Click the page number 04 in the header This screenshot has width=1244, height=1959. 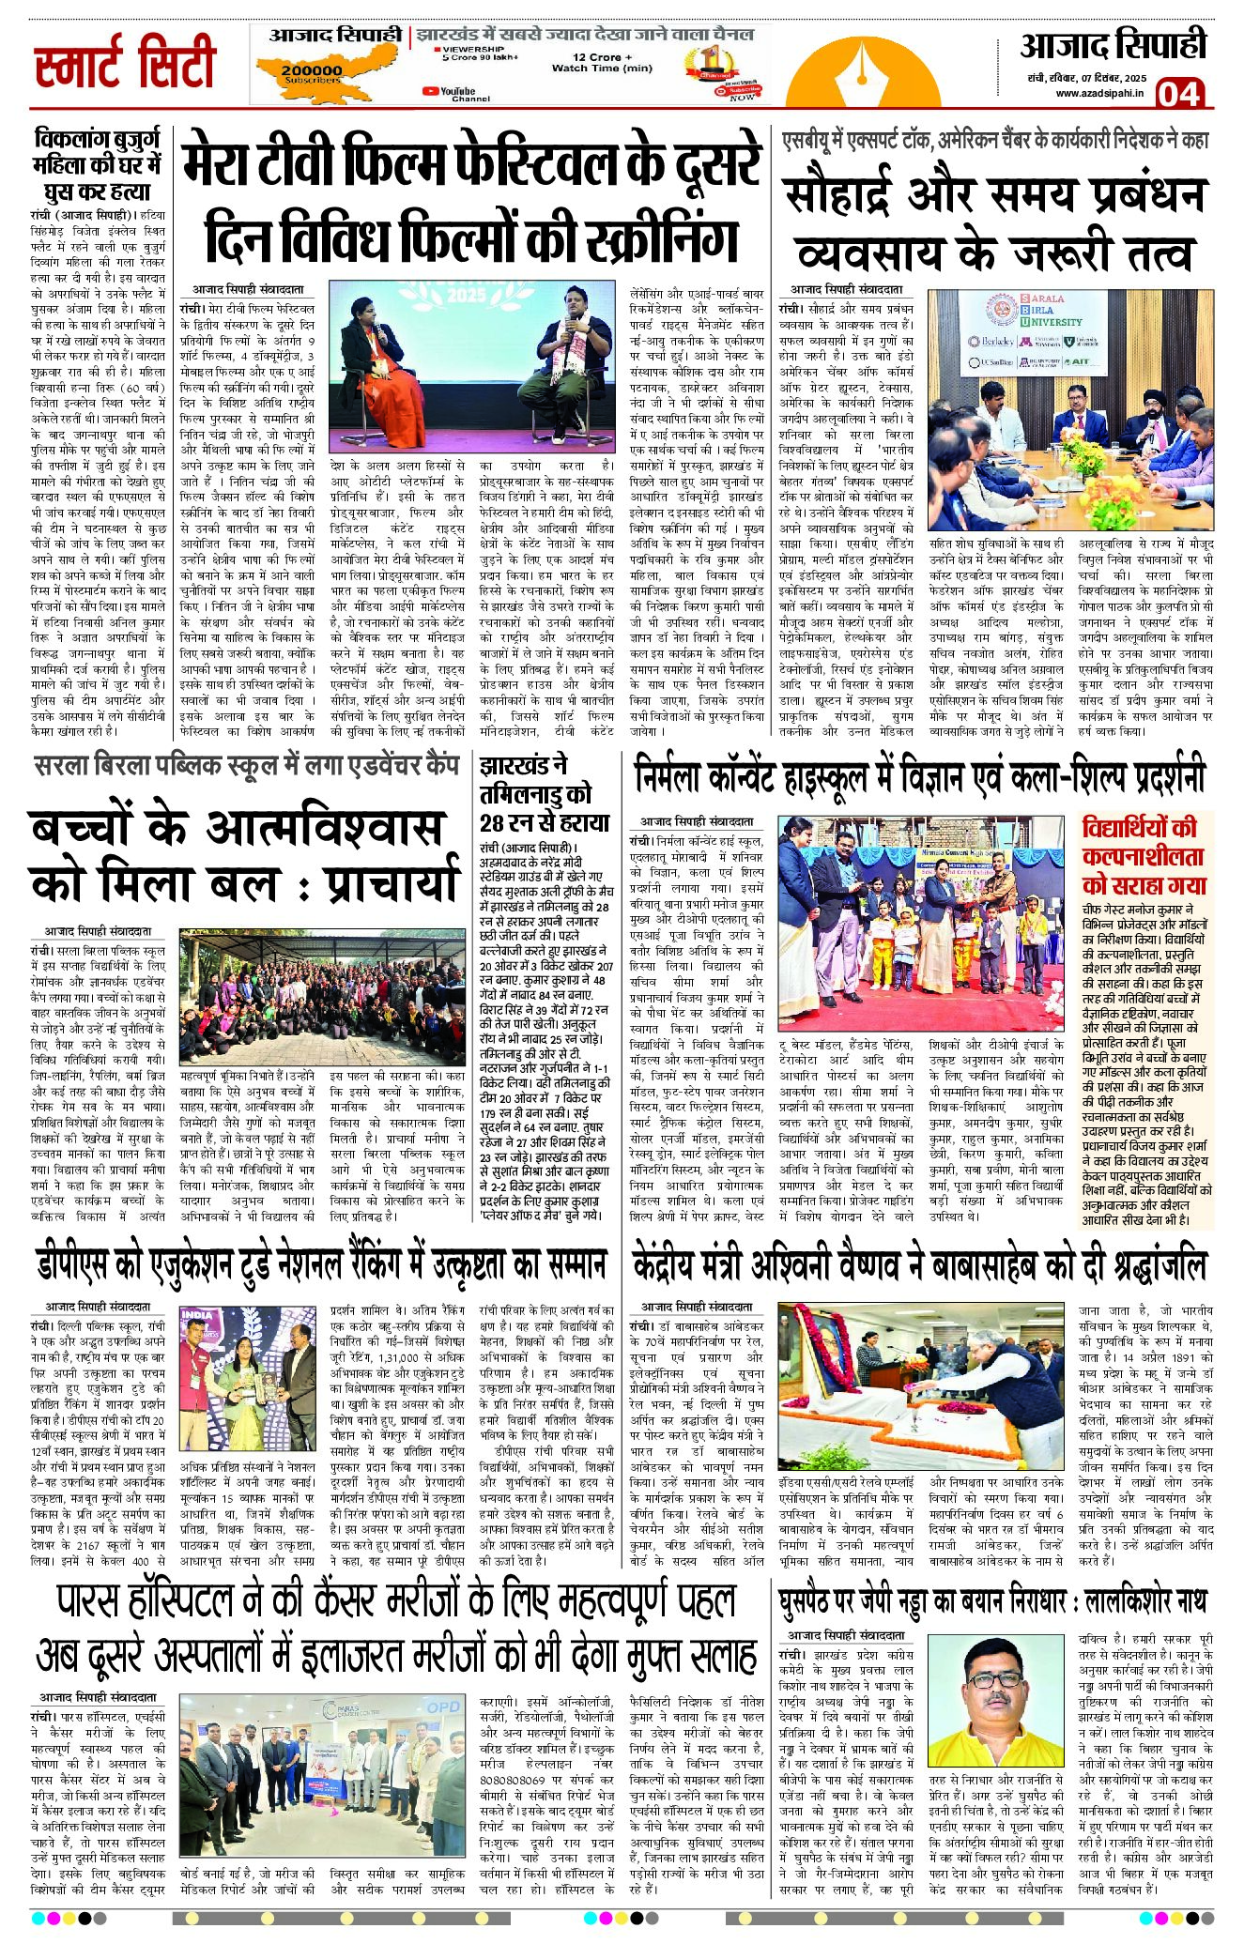[1178, 93]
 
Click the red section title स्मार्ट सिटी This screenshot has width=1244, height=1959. [126, 63]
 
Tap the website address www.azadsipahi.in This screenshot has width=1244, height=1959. [1099, 93]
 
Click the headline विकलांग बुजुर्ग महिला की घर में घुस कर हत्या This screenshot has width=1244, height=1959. [98, 165]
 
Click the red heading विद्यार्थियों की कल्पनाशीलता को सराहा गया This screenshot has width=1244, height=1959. [1144, 856]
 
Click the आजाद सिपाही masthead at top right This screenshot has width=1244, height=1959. [1113, 47]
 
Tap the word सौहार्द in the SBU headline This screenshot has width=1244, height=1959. [844, 195]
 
